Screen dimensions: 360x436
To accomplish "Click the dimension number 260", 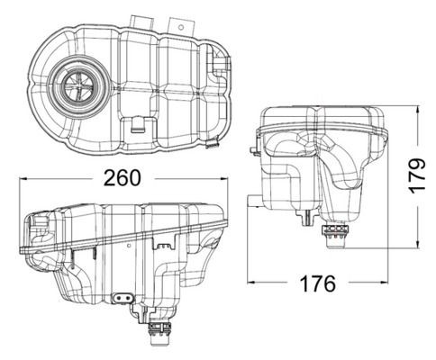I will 121,177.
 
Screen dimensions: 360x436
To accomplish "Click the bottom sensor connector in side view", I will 338,237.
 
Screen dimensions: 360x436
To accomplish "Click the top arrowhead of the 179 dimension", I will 420,110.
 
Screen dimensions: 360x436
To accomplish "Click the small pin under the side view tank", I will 309,219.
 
